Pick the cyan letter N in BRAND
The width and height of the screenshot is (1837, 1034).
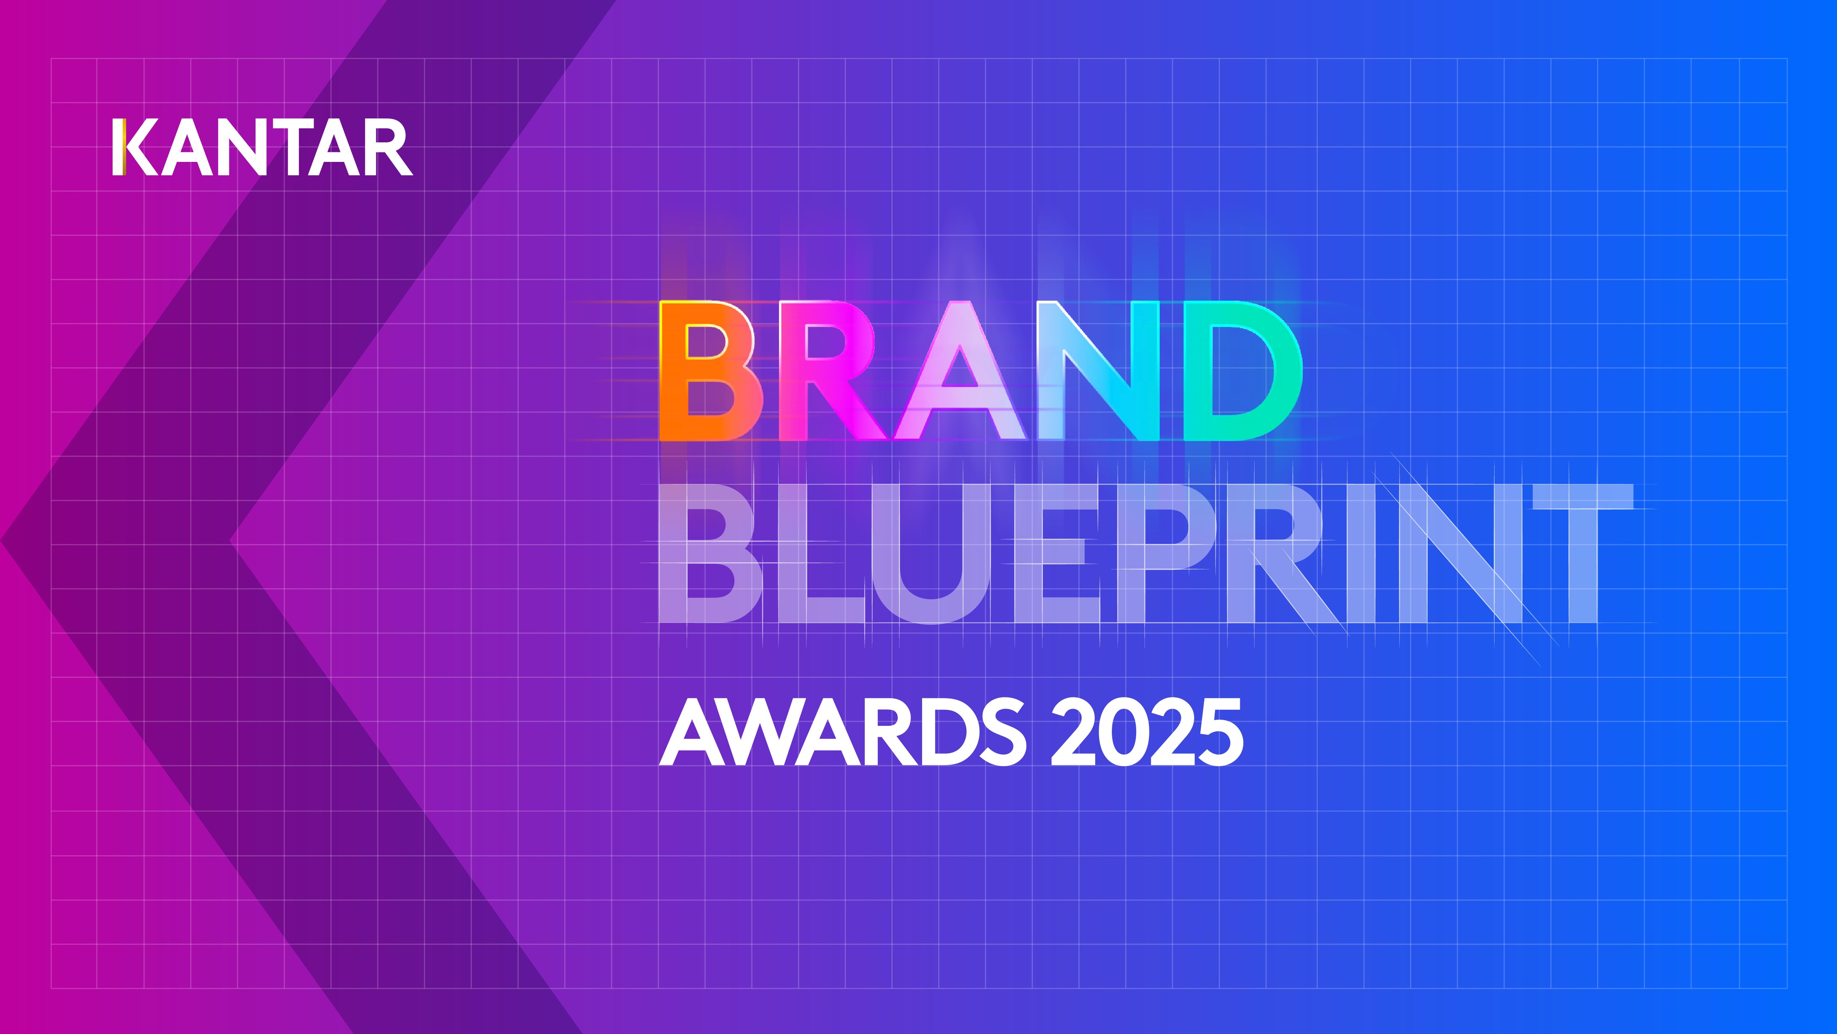click(x=1098, y=371)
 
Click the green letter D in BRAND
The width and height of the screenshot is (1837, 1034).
click(x=1241, y=371)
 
